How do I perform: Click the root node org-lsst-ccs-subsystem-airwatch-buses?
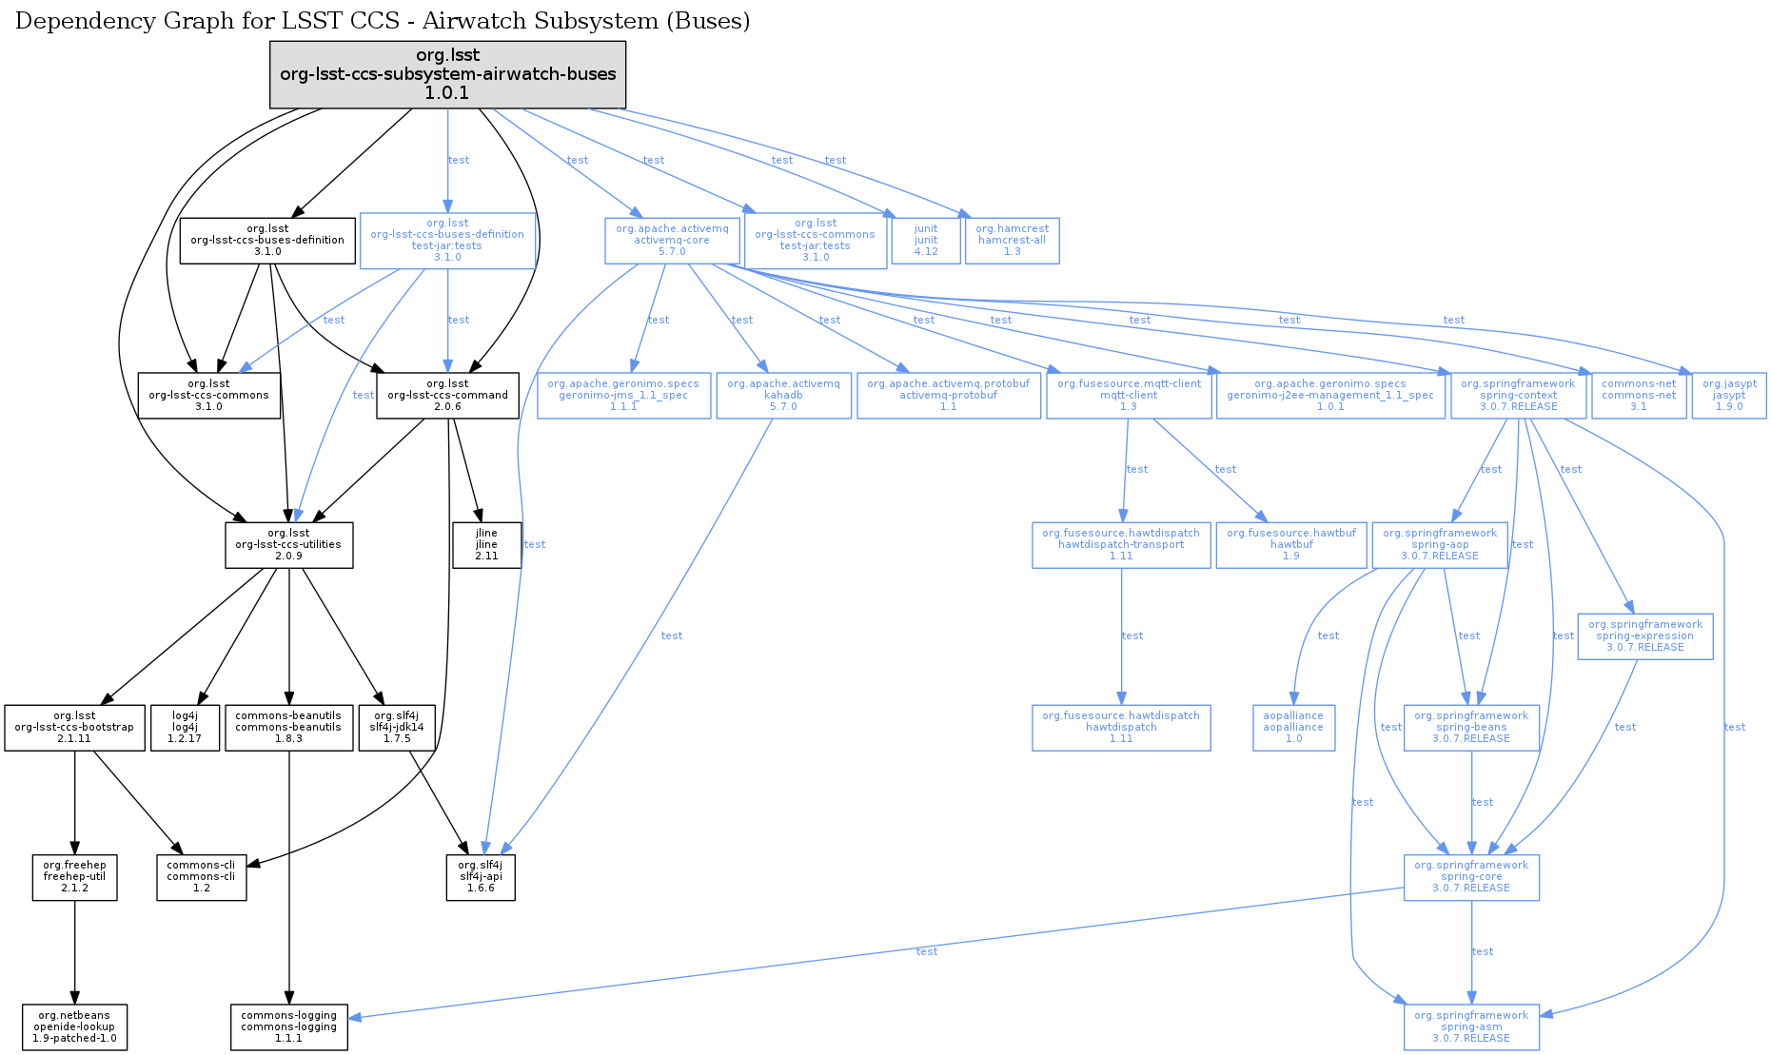[x=447, y=74]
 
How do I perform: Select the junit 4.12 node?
[x=926, y=241]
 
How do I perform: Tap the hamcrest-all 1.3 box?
[x=1012, y=241]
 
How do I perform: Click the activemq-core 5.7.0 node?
[x=672, y=241]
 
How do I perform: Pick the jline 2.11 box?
[x=486, y=545]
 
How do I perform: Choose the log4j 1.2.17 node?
[x=186, y=728]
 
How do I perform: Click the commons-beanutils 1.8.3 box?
[x=288, y=728]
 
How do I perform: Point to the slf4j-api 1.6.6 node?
[x=481, y=877]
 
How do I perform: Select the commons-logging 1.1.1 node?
[x=288, y=1027]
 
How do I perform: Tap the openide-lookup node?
[x=74, y=1027]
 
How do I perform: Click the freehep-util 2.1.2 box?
[x=74, y=877]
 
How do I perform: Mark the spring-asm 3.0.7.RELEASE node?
[x=1471, y=1027]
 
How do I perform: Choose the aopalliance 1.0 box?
[x=1293, y=728]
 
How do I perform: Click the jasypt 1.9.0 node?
[x=1729, y=396]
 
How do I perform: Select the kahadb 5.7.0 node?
[x=783, y=396]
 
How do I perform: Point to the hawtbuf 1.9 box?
[x=1290, y=545]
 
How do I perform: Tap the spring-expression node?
[x=1644, y=636]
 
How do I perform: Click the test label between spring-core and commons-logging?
[x=926, y=951]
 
